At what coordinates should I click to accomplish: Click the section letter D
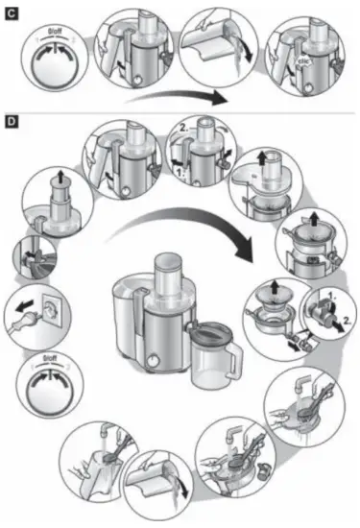pyautogui.click(x=11, y=123)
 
